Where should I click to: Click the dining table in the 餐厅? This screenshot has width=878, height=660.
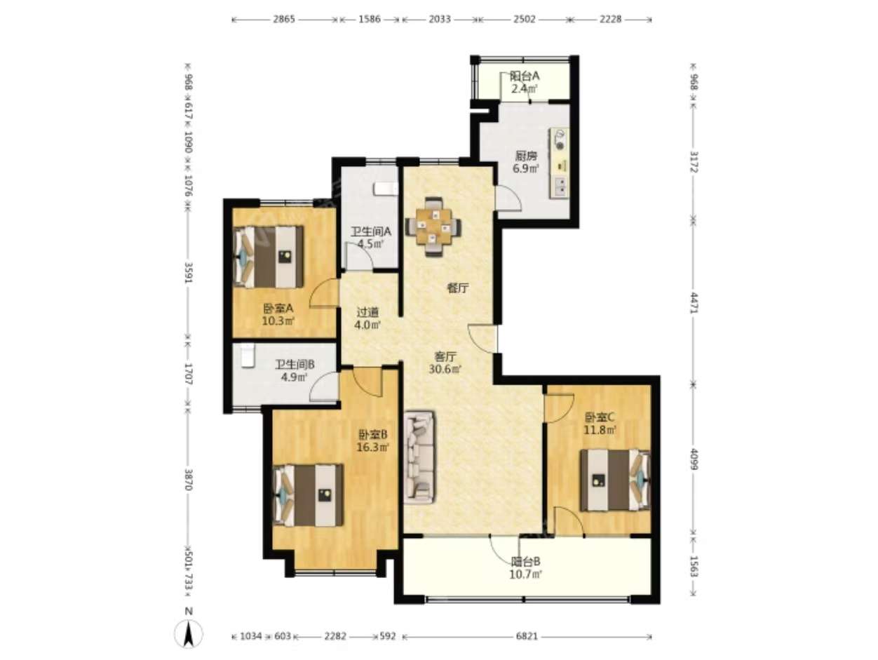[433, 227]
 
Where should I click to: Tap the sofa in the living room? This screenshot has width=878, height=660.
[419, 457]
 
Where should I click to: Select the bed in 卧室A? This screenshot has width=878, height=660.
[268, 257]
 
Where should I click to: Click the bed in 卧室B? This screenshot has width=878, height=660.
[308, 494]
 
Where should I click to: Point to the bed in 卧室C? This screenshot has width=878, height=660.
[615, 480]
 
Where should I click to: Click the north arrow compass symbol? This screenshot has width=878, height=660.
[189, 632]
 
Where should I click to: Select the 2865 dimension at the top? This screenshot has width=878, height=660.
[284, 19]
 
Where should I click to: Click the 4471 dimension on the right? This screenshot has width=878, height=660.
[694, 302]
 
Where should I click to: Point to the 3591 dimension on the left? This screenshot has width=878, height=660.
[189, 274]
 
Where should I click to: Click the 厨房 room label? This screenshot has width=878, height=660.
[525, 156]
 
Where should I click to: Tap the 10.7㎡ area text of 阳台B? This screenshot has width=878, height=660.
[525, 575]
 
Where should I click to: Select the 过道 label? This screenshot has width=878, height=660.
[367, 312]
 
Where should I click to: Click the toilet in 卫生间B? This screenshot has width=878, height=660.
[247, 355]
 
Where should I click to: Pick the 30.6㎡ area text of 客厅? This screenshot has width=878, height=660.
[445, 368]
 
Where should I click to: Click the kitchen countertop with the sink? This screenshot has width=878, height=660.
[560, 163]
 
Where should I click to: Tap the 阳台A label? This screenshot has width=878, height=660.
[525, 76]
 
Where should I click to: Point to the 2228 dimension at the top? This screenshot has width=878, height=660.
[610, 19]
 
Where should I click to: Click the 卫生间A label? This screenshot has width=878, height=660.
[371, 231]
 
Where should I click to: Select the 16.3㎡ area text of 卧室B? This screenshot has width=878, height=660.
[373, 446]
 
